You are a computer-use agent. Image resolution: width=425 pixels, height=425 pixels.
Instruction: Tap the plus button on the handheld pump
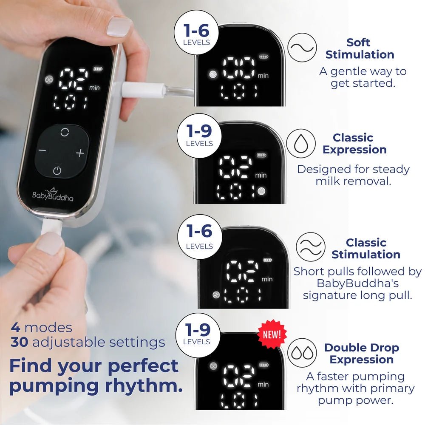tap(80, 153)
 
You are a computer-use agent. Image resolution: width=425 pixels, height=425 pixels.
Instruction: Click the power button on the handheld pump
tap(57, 171)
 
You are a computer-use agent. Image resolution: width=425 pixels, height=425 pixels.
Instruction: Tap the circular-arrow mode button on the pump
tap(65, 132)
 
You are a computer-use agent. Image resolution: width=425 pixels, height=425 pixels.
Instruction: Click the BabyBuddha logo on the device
tap(53, 194)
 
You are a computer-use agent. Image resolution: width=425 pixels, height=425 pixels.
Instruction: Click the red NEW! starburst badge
tap(272, 334)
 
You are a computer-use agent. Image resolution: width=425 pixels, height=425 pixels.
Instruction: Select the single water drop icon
tap(301, 143)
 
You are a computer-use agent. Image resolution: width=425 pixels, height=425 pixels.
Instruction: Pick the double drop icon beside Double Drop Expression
tap(302, 353)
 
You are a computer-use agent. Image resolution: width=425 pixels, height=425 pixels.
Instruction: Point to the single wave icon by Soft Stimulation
tap(302, 48)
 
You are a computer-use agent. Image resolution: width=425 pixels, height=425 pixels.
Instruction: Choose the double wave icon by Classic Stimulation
tap(310, 246)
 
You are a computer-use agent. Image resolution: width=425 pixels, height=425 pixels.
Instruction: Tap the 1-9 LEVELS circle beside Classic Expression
tap(199, 136)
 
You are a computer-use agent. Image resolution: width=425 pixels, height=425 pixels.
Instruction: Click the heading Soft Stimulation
tap(360, 48)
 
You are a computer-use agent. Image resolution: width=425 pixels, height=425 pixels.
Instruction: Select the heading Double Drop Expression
tap(362, 354)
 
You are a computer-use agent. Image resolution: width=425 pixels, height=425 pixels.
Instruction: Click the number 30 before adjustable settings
tap(19, 342)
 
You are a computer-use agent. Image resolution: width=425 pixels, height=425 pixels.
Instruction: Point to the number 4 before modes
tap(15, 327)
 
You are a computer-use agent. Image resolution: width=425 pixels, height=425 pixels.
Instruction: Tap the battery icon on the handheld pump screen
tap(98, 69)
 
